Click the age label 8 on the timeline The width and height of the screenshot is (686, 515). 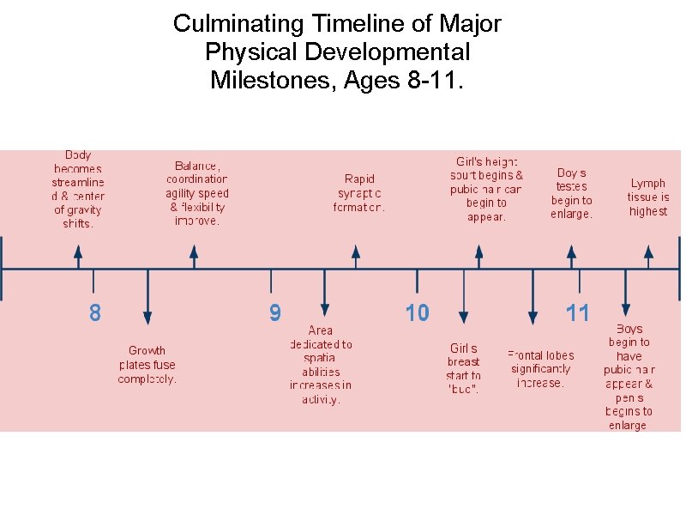(94, 313)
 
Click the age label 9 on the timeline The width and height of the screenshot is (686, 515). (274, 313)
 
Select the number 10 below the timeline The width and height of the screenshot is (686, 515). (418, 313)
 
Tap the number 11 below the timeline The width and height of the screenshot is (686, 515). (578, 313)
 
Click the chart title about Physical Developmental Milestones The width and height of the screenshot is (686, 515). (337, 52)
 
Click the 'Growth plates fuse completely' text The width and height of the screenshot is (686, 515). (147, 365)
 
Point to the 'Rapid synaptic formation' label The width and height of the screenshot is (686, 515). (359, 193)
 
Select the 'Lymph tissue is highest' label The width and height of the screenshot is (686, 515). (648, 197)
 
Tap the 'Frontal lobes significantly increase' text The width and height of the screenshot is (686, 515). (541, 369)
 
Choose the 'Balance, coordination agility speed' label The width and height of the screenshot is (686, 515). (197, 193)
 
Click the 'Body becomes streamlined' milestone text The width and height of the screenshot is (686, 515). (78, 190)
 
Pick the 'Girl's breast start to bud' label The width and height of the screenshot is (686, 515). (463, 368)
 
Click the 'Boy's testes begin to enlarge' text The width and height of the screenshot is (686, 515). (571, 193)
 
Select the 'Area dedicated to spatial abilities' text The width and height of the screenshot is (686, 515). (322, 365)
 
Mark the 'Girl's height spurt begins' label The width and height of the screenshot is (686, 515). (486, 189)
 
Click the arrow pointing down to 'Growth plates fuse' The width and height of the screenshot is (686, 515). (147, 297)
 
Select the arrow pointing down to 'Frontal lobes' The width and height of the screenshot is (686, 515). (533, 297)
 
